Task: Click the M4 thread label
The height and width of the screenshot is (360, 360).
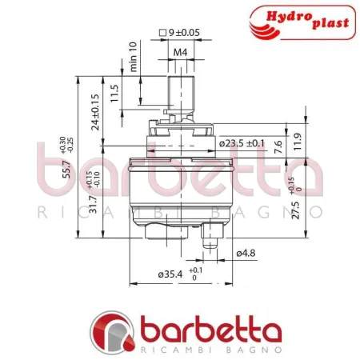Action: [182, 54]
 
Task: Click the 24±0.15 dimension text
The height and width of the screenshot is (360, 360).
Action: [96, 112]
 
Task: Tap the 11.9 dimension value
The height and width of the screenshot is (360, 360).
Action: [298, 142]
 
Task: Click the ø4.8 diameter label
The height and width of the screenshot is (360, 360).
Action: [246, 254]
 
